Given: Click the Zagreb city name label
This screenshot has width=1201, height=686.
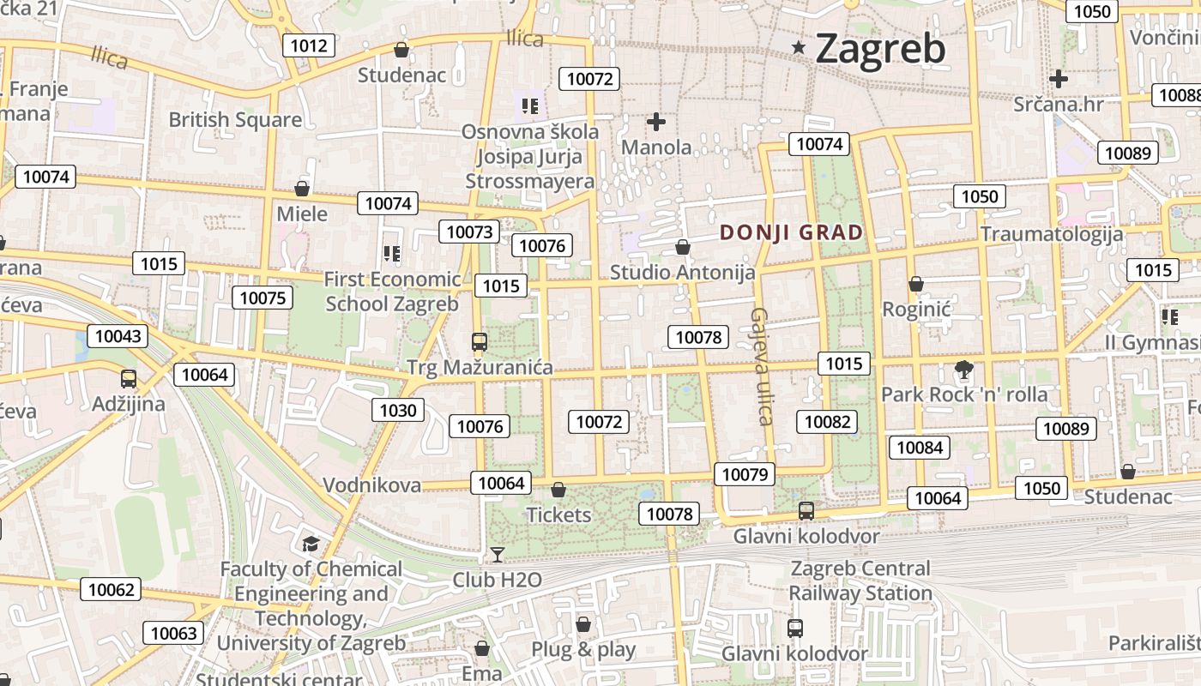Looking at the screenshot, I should click(x=880, y=48).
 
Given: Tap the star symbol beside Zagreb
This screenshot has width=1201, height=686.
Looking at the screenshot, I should click(x=799, y=47).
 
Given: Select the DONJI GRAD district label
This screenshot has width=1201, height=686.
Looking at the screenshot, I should click(x=791, y=232).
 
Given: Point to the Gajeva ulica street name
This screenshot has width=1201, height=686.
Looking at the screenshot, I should click(x=762, y=366).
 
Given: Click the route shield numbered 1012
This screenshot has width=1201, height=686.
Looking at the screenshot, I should click(x=309, y=45).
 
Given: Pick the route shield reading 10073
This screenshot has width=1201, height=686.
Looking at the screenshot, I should click(x=470, y=232).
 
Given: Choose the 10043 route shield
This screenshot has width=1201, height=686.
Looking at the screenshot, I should click(x=118, y=336).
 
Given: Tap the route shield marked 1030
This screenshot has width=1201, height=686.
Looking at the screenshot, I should click(x=398, y=411).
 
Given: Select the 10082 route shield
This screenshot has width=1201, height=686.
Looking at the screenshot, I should click(x=828, y=422).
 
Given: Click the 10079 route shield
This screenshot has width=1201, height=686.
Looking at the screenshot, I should click(x=745, y=474).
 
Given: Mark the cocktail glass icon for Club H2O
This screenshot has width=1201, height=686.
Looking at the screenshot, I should click(x=497, y=555).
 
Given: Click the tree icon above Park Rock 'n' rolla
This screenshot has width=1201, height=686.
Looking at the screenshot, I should click(x=964, y=370).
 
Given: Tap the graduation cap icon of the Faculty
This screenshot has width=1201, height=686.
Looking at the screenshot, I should click(x=311, y=545).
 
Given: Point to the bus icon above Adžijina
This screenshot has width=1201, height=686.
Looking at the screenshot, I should click(x=129, y=378).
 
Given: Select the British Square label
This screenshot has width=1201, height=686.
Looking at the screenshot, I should click(x=235, y=119).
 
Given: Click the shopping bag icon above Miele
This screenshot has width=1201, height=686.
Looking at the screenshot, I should click(x=302, y=189).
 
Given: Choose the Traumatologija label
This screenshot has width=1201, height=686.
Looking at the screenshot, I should click(x=1052, y=234).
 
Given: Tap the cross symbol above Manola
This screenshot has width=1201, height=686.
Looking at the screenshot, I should click(x=656, y=122).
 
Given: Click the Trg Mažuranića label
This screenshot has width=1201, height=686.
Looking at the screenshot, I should click(x=480, y=368).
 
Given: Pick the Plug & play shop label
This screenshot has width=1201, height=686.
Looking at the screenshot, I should click(x=583, y=649).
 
